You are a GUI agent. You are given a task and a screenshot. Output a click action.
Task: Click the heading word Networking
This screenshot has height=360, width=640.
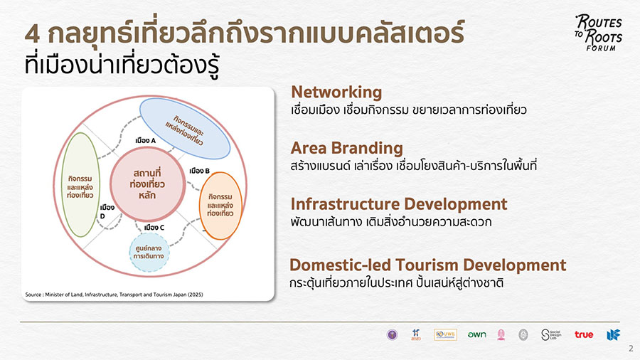coord(336,92)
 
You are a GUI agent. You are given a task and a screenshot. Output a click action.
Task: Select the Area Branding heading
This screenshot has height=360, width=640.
coord(346,148)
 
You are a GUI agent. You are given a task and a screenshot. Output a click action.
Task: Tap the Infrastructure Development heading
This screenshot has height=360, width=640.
coord(398,204)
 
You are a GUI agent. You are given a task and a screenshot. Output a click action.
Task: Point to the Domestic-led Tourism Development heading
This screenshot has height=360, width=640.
coord(427,265)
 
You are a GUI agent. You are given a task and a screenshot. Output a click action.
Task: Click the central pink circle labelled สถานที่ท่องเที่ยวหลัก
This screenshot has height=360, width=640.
coord(147,184)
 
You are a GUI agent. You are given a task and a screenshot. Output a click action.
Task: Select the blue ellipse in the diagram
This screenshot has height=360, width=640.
coord(184,128)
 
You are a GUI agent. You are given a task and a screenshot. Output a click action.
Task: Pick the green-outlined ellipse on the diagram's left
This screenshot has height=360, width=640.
coord(78,185)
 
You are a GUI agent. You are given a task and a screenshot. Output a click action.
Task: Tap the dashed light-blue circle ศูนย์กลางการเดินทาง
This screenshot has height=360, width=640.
coord(149,254)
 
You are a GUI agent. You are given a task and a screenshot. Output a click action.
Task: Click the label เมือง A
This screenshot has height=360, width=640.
coord(145,140)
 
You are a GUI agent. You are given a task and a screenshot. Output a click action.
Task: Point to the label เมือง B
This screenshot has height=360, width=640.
coord(199,171)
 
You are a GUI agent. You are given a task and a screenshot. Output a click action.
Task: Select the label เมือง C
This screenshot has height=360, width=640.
coord(154,228)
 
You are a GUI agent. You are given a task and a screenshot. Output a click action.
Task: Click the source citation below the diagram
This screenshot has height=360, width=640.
coord(114,294)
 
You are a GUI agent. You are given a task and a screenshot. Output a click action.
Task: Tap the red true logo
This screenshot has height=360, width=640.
coord(584,334)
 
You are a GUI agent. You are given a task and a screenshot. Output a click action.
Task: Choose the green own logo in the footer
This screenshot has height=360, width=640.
coord(476,334)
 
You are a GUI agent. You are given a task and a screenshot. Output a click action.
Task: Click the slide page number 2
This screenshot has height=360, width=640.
coord(630,349)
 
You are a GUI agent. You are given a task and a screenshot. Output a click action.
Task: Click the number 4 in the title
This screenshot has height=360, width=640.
coord(31,34)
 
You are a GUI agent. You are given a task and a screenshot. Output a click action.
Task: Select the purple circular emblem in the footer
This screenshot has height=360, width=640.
coord(391,334)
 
